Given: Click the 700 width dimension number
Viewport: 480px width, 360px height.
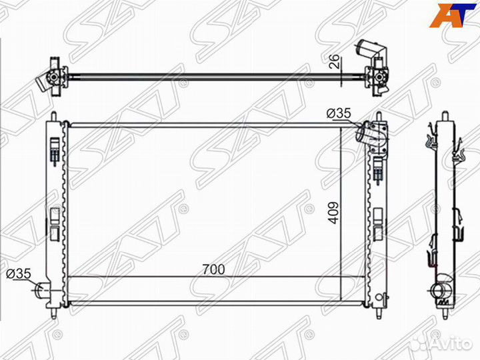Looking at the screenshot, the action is (213, 269).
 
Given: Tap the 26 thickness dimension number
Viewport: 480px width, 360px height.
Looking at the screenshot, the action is (335, 61).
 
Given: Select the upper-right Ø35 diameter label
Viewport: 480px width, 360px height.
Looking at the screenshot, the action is (339, 113).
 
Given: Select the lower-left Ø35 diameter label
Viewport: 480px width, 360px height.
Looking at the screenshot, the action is (19, 273).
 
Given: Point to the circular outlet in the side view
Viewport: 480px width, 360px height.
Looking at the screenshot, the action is (437, 291).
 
